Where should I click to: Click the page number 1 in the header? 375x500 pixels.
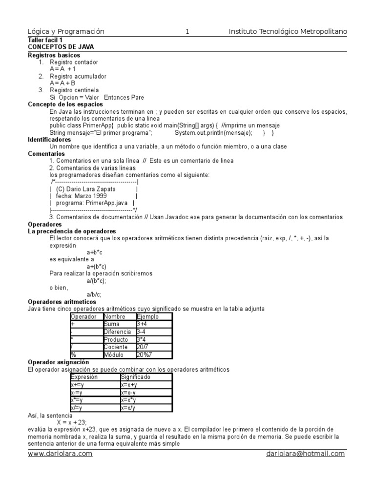coord(187,32)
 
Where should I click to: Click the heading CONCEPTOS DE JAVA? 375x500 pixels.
coord(61,47)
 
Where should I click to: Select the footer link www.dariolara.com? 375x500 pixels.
coord(60,454)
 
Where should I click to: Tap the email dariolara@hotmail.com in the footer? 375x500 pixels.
coord(305,454)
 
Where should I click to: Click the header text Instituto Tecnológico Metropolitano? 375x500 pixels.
coord(288,32)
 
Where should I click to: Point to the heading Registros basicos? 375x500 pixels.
coord(54,55)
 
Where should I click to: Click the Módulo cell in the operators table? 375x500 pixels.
coord(114,354)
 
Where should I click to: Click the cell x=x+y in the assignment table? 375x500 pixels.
coord(129,385)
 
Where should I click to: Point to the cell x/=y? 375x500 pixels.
coord(76,408)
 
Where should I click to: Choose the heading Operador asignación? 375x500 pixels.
coord(59,362)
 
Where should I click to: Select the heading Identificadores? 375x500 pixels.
coord(49,140)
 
